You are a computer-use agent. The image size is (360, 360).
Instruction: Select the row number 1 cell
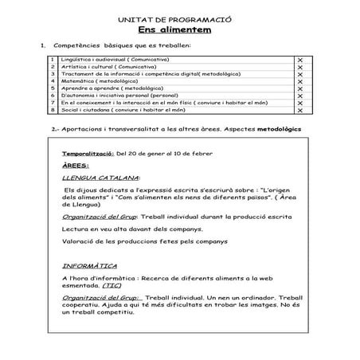[52, 61]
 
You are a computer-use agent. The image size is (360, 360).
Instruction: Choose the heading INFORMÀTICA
[90, 264]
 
